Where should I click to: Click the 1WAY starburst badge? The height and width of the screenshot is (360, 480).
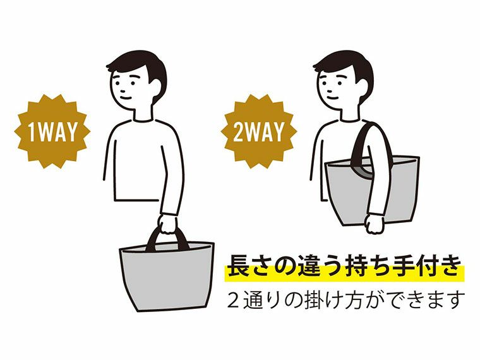pyautogui.click(x=52, y=132)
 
